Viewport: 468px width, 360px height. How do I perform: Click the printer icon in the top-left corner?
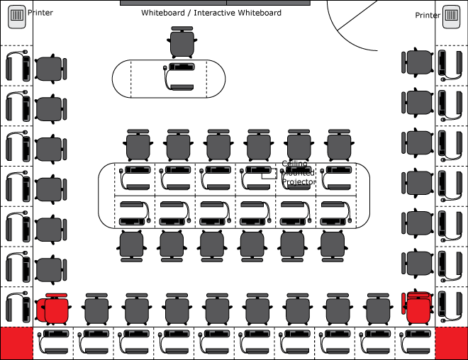point(17,16)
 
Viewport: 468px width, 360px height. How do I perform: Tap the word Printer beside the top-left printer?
point(40,13)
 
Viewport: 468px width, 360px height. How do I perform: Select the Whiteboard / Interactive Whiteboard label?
point(211,13)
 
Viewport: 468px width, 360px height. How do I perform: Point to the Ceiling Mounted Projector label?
point(299,174)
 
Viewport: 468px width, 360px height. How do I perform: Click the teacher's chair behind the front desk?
point(182,43)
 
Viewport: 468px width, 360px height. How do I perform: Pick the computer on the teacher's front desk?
point(182,77)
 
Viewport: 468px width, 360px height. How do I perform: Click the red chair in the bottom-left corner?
point(53,309)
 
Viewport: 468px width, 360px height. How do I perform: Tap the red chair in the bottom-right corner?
point(418,308)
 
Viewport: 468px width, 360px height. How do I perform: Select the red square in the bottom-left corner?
point(16,344)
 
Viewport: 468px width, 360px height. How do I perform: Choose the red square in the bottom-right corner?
point(451,344)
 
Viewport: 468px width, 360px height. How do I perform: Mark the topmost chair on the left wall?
point(50,69)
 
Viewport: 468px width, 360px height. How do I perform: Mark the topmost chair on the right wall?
point(418,62)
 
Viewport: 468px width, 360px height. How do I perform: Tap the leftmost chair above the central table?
point(138,145)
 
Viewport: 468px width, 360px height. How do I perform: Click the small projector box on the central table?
point(270,173)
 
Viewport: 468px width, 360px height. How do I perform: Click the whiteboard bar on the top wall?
point(215,3)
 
